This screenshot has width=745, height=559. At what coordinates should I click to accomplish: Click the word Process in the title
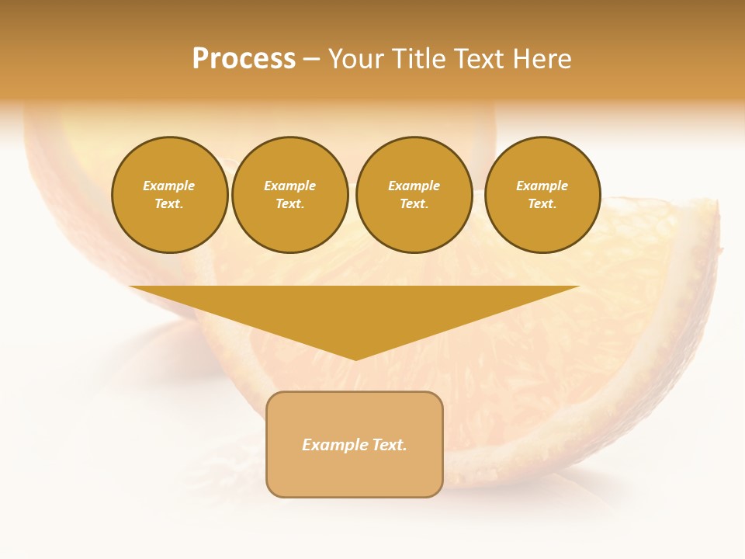pos(244,59)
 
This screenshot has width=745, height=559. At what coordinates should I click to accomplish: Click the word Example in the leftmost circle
pos(169,186)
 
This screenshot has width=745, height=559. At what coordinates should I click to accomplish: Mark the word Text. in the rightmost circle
pos(542,204)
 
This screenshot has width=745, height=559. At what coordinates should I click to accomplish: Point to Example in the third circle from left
pos(414,186)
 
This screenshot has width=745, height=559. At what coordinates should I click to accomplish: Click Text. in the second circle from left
pos(289,204)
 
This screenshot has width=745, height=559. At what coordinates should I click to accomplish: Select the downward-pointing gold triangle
pos(355,311)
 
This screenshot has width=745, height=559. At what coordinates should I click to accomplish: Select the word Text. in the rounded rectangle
pos(390,445)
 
